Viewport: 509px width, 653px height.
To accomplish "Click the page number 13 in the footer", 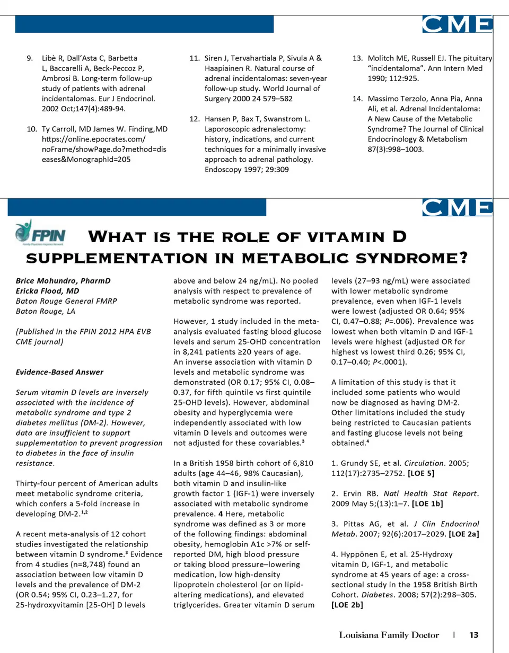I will coord(474,634).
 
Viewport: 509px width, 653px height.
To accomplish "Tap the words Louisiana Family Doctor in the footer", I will coord(389,634).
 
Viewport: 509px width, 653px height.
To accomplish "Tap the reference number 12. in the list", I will coord(194,118).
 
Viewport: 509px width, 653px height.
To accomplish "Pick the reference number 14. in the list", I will coord(358,99).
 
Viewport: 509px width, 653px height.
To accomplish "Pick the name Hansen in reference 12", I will coord(216,118).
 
